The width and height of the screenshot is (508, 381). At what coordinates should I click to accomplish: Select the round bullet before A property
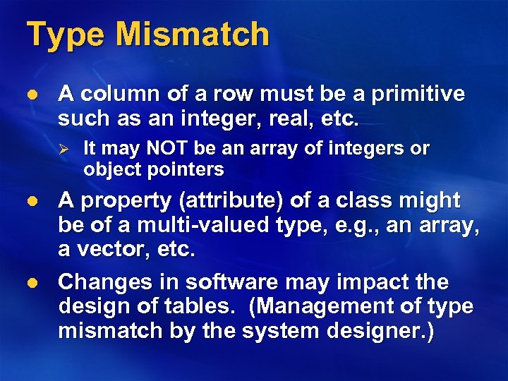coord(28,202)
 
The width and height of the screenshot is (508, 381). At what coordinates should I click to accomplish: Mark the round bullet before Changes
coord(28,283)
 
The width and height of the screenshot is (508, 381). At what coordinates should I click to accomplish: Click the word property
coord(125,202)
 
